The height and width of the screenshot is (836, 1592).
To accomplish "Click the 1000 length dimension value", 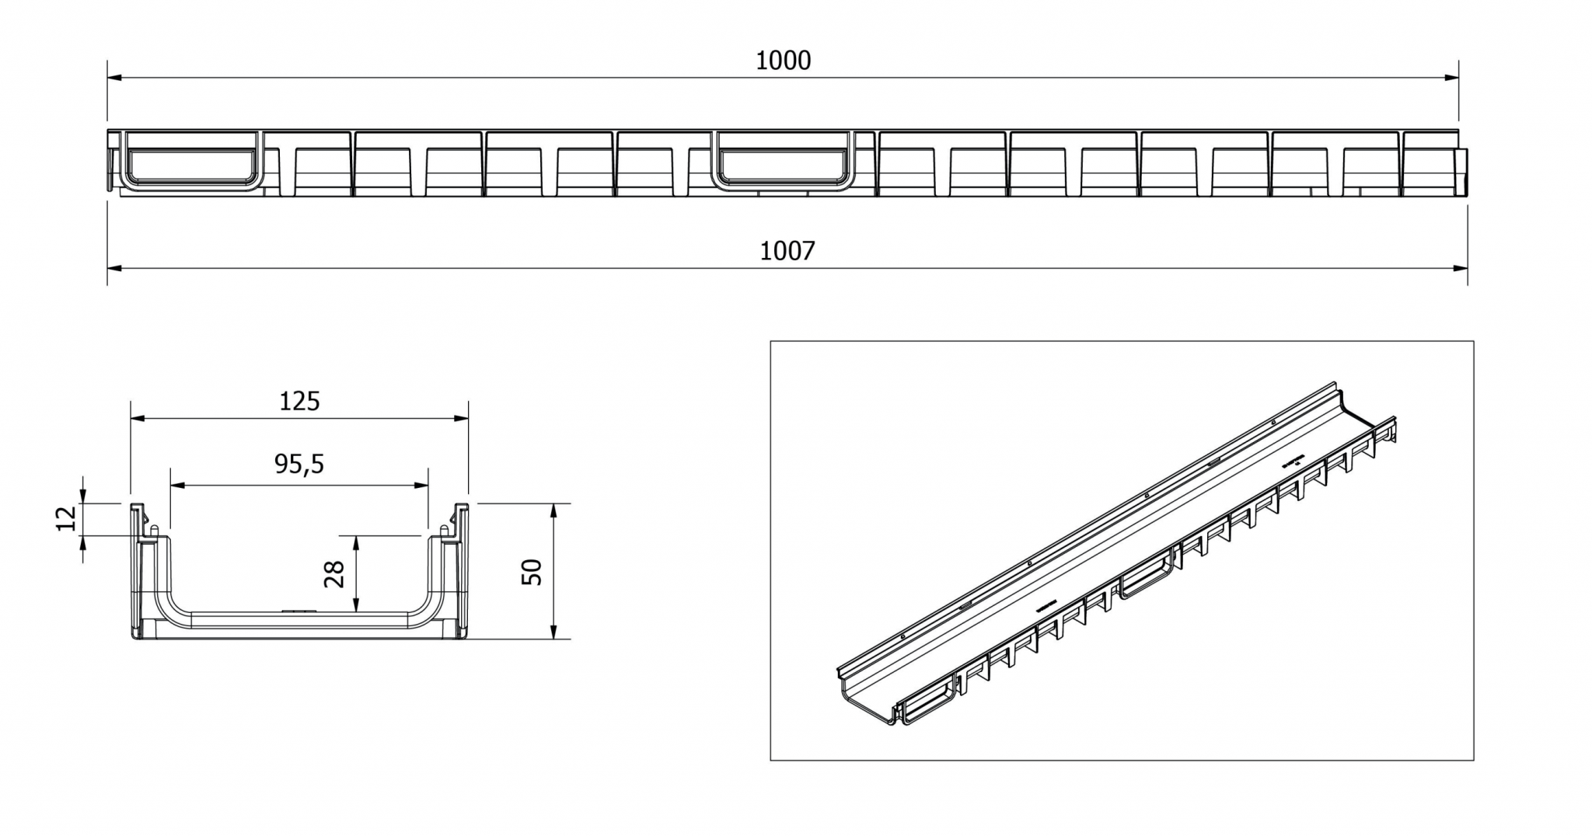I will (x=784, y=61).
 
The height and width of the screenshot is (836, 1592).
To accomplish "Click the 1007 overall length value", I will (x=787, y=251).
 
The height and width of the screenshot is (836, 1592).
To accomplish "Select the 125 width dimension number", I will (x=299, y=401).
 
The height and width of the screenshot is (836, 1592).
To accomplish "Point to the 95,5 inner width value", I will (x=299, y=464).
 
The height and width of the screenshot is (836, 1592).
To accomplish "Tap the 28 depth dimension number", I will (x=335, y=574).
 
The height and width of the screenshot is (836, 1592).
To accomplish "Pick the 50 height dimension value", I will (x=532, y=572).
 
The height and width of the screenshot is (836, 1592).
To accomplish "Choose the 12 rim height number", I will (x=67, y=517).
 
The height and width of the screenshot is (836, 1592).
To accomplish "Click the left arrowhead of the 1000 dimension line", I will (x=113, y=78).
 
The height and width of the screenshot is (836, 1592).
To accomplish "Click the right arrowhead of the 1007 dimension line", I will (x=1461, y=268).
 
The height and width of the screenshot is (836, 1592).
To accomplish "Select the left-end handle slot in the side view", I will (x=191, y=165).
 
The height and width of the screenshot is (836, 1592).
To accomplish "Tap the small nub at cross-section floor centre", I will (x=296, y=611).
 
